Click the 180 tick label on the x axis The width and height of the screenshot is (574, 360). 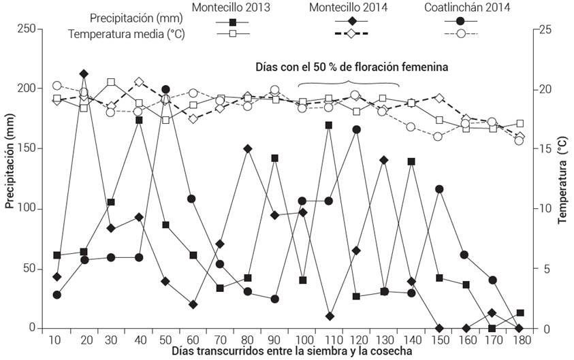[520, 339]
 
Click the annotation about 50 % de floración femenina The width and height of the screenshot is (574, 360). [351, 67]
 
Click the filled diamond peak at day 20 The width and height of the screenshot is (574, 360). [84, 73]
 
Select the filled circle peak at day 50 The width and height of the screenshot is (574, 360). [165, 90]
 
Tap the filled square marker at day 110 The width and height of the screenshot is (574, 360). [329, 125]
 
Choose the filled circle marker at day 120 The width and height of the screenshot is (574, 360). [356, 129]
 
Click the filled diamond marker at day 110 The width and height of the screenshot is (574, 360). [330, 316]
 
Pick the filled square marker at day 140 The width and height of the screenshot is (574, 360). [411, 161]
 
